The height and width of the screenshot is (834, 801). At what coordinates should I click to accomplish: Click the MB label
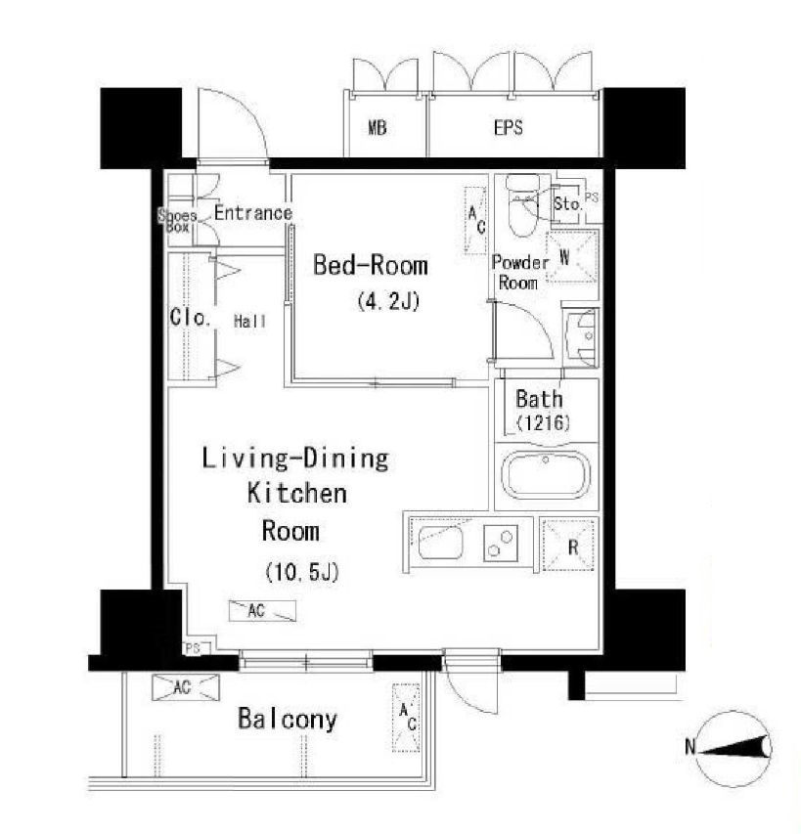point(378,128)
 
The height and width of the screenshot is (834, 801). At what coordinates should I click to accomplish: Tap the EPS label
point(508,128)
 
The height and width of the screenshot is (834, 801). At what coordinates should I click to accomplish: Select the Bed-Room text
point(371,265)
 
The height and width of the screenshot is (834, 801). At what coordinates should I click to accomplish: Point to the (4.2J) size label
point(388,301)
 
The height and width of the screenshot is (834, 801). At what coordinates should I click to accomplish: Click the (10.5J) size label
point(301,572)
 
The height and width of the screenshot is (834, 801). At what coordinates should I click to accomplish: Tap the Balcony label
point(288,719)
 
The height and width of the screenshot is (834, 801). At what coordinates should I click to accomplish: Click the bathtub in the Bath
point(547,475)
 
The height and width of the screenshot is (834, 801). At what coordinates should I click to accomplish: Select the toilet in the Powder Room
point(523,205)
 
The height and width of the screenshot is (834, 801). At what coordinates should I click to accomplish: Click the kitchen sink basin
point(440,542)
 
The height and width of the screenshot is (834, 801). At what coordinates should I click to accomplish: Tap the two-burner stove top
point(501,543)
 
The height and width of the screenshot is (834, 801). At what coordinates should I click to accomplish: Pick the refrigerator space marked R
point(568,546)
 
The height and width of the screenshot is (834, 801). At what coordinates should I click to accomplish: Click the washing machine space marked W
point(572,257)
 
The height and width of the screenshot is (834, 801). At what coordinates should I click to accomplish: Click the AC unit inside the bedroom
point(475,221)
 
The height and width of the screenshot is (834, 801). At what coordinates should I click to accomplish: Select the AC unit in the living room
point(262,611)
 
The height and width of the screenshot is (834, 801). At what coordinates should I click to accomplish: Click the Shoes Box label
point(178,221)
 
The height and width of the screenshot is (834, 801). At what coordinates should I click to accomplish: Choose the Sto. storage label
point(567,203)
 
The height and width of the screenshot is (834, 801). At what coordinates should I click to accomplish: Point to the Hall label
point(250,322)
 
